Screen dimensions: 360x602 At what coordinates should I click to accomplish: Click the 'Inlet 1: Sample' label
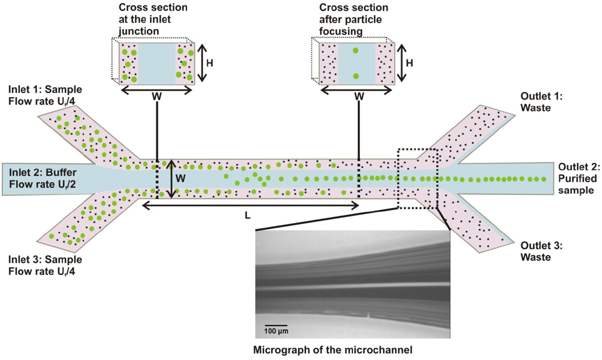(x=45, y=90)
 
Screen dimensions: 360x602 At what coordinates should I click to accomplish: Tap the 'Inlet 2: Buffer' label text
(x=42, y=172)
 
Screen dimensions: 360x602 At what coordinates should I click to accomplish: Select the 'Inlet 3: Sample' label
(x=45, y=260)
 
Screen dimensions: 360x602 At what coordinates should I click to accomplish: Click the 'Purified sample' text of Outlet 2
(x=577, y=184)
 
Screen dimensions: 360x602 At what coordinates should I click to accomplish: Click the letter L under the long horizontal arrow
(x=247, y=216)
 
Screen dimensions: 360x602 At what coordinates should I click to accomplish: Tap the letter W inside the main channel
(x=180, y=178)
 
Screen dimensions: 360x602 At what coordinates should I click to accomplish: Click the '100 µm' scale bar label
(x=276, y=331)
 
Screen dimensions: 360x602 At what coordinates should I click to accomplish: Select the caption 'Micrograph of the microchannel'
(x=333, y=350)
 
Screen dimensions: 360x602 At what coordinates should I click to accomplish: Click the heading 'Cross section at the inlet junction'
(x=153, y=19)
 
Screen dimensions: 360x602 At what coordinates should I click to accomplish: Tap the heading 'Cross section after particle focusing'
(x=353, y=19)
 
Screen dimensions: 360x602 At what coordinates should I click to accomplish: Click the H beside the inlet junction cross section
(x=210, y=63)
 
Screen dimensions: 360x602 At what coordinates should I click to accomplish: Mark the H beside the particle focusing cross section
(x=409, y=63)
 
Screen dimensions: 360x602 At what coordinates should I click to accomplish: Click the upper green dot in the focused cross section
(x=356, y=51)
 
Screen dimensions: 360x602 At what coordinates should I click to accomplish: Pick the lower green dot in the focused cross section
(x=356, y=76)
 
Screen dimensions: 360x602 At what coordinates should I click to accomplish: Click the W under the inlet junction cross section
(x=156, y=97)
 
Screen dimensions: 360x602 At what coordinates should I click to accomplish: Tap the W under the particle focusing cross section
(x=359, y=97)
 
